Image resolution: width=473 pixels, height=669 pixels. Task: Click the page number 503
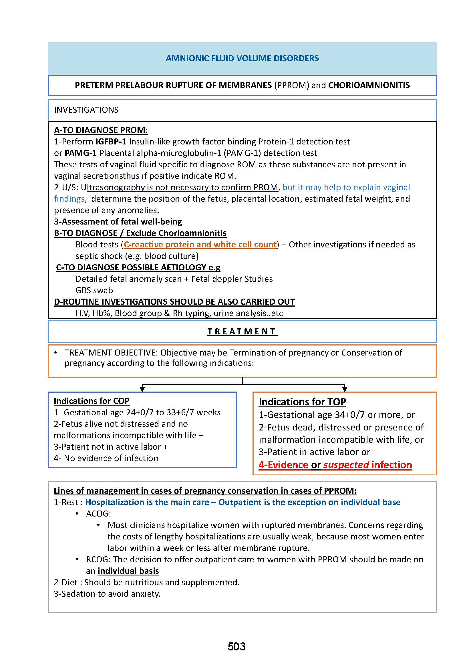pyautogui.click(x=236, y=647)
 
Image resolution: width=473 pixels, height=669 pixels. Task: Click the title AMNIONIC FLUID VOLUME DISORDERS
pyautogui.click(x=242, y=58)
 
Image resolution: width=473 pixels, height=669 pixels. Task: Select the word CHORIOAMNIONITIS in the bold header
pyautogui.click(x=369, y=85)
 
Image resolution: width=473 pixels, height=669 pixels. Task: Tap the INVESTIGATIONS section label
pyautogui.click(x=86, y=110)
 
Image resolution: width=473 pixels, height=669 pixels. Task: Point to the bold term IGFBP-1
pyautogui.click(x=111, y=142)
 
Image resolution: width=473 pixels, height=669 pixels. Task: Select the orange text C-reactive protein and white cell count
pyautogui.click(x=200, y=245)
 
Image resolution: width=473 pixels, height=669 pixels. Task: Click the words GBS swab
pyautogui.click(x=94, y=290)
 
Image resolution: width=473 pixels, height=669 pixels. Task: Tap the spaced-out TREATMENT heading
pyautogui.click(x=242, y=331)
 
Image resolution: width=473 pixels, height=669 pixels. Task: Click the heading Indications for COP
pyautogui.click(x=92, y=401)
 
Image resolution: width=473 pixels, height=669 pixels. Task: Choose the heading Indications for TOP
pyautogui.click(x=302, y=402)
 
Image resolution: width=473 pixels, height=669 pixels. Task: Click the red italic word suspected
pyautogui.click(x=346, y=465)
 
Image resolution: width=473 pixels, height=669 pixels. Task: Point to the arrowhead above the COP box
pyautogui.click(x=142, y=389)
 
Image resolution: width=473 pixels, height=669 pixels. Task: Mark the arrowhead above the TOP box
pyautogui.click(x=345, y=389)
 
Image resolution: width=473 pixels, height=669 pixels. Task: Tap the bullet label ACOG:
pyautogui.click(x=98, y=513)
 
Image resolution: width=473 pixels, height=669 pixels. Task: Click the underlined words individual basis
pyautogui.click(x=128, y=571)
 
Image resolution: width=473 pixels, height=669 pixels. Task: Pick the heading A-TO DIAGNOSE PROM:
pyautogui.click(x=101, y=130)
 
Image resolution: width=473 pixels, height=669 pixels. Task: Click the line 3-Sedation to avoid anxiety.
pyautogui.click(x=107, y=593)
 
